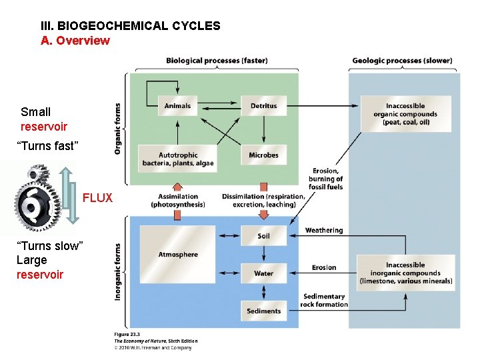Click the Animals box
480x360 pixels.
point(177,106)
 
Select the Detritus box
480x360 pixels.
point(263,106)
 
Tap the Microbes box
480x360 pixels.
point(263,155)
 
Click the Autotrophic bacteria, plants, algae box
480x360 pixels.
point(177,159)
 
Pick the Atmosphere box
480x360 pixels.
point(178,254)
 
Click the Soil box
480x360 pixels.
point(263,236)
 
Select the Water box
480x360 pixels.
point(263,273)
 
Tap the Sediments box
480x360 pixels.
point(263,311)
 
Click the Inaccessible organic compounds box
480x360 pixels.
point(407,114)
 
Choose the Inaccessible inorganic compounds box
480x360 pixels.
point(405,273)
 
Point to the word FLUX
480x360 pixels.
point(97,198)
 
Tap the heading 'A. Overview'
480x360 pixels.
point(75,41)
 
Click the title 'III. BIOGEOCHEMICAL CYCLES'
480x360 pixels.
point(131,27)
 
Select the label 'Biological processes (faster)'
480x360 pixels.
point(217,61)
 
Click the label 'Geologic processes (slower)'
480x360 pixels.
point(402,61)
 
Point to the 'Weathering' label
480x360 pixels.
point(323,231)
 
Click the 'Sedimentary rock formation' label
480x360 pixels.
point(324,300)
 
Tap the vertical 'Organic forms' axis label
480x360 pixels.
point(118,129)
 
